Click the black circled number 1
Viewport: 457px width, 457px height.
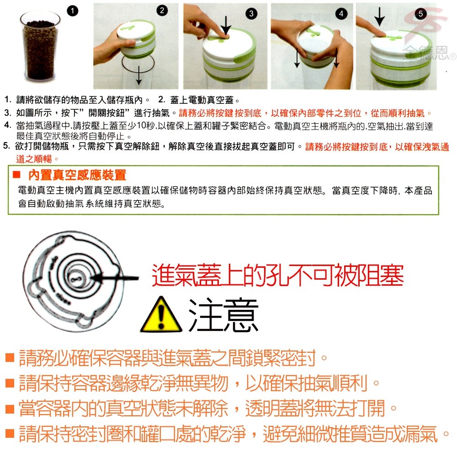click(x=73, y=11)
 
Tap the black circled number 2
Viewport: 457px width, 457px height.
click(x=162, y=11)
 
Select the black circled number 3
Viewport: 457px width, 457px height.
click(x=251, y=13)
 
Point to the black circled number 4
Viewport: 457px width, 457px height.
click(x=341, y=13)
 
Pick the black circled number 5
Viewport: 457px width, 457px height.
click(x=420, y=13)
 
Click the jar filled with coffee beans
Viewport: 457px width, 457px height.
click(x=40, y=46)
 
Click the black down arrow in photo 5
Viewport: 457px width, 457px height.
click(x=379, y=16)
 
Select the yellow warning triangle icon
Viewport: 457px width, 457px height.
click(x=161, y=315)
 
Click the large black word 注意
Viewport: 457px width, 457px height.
click(x=223, y=315)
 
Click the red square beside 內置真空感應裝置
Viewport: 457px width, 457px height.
click(x=16, y=175)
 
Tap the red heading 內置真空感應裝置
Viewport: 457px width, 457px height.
click(x=77, y=175)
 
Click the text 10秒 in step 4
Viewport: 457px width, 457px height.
click(x=147, y=126)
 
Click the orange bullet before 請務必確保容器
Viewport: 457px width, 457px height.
click(x=10, y=357)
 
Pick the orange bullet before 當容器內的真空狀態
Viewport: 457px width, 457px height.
click(x=10, y=409)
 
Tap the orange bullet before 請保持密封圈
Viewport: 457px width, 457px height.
click(x=10, y=433)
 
